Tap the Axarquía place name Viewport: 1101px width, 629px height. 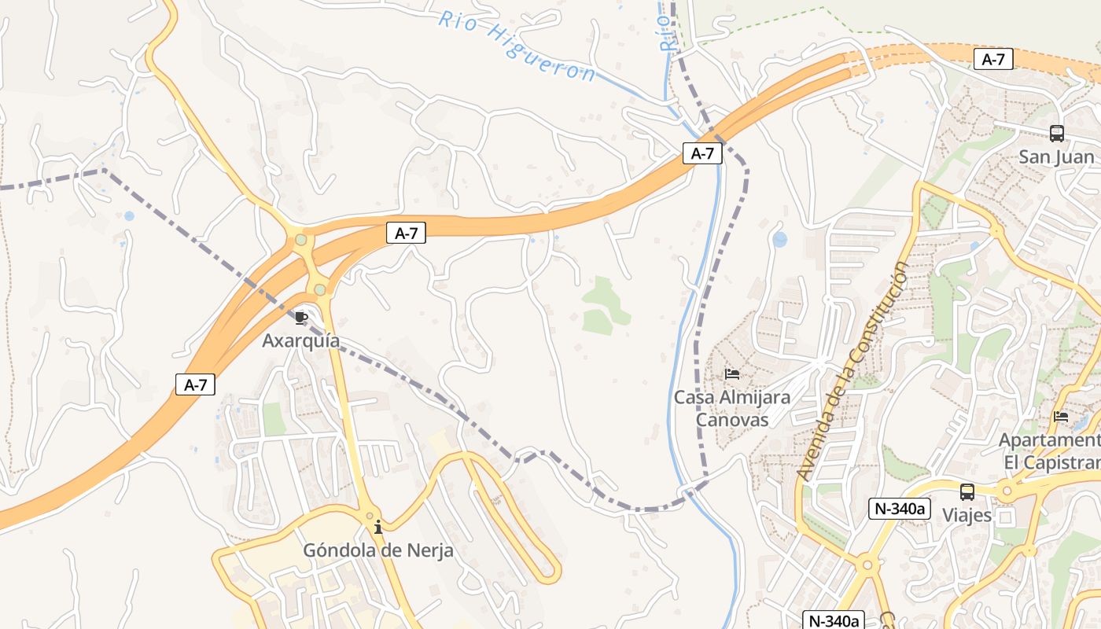[301, 341]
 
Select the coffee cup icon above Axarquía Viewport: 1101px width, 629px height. [300, 318]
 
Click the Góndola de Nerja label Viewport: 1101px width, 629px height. [378, 550]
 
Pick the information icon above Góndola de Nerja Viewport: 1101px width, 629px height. [378, 527]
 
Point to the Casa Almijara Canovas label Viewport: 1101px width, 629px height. [732, 408]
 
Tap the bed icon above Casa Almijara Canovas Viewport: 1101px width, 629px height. [732, 373]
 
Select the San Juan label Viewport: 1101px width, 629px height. [1056, 157]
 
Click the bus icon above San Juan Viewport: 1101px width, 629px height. [1056, 134]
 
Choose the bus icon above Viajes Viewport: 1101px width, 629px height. [967, 493]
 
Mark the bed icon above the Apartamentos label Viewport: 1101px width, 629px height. [1061, 417]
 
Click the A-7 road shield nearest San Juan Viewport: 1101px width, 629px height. [993, 59]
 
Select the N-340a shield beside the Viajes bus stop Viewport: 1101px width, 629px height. [900, 509]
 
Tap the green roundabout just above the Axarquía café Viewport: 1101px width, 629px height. [320, 290]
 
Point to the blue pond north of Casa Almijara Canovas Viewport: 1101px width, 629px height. [779, 239]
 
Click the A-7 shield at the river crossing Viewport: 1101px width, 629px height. [701, 153]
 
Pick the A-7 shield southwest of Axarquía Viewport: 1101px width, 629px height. [195, 384]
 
